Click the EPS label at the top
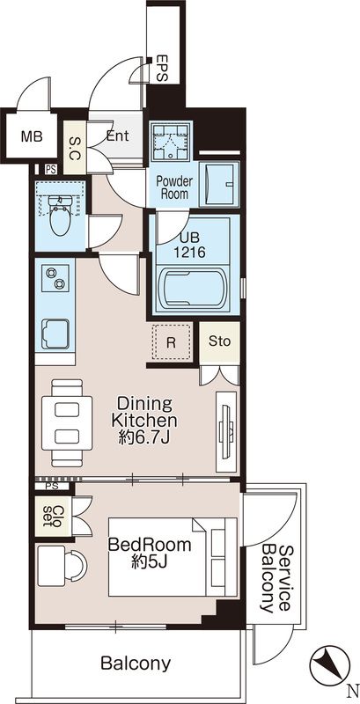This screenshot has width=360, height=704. pos(162,70)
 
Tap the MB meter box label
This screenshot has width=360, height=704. pos(32,136)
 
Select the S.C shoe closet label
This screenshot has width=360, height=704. pos(75,148)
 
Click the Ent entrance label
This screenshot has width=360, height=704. pos(118,136)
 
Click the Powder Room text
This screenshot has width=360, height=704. pos(174,187)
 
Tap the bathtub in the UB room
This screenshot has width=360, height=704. pos(193,290)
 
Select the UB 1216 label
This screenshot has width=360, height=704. pos(191,245)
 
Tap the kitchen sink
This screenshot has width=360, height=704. pos(55,334)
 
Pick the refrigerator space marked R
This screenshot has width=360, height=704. pos(171,342)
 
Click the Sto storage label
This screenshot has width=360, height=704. pos(219,341)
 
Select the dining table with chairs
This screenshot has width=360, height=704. pos(66,423)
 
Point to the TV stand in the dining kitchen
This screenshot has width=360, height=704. pos(226,431)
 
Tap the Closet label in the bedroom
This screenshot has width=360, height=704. pos(54,517)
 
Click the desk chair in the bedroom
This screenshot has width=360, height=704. pos(76,565)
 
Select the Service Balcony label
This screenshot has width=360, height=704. pos(276,579)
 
